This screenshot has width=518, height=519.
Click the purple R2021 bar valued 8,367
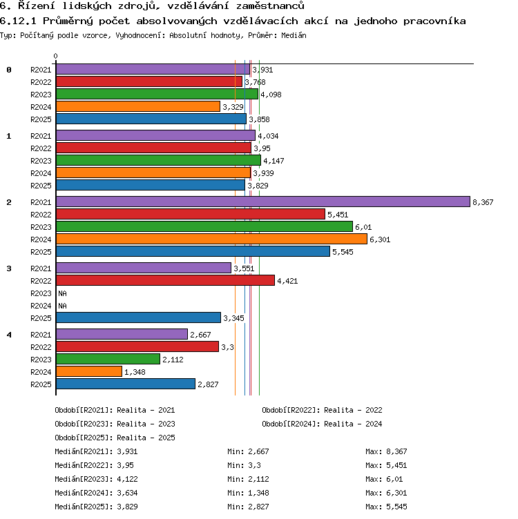coord(263,202)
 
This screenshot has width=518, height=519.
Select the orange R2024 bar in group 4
coord(89,371)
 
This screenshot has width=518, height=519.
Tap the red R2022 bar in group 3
coord(165,280)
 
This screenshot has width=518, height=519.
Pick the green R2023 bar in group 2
coord(204,226)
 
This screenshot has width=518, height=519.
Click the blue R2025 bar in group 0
coord(151,119)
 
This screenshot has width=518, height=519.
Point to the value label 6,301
coord(380,239)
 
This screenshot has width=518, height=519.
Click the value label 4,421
coord(287,281)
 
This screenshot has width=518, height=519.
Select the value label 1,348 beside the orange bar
coord(135,372)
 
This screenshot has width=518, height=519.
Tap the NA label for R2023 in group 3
coord(62,293)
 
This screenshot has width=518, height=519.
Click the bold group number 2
coord(9,202)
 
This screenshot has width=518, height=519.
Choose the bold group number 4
coord(9,335)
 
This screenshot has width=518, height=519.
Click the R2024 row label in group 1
coord(41,173)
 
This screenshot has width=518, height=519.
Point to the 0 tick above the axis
coord(56,56)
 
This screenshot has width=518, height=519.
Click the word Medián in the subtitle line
coord(294,35)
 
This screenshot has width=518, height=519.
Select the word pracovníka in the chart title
coord(434,21)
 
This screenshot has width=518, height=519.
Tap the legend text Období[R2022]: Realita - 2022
coord(322,410)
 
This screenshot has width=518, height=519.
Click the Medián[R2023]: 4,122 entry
coord(97,479)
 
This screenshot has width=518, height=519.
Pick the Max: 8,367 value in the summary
coord(386,451)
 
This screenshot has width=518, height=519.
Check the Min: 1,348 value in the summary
coord(248,493)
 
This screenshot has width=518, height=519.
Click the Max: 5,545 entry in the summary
coord(386,507)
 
